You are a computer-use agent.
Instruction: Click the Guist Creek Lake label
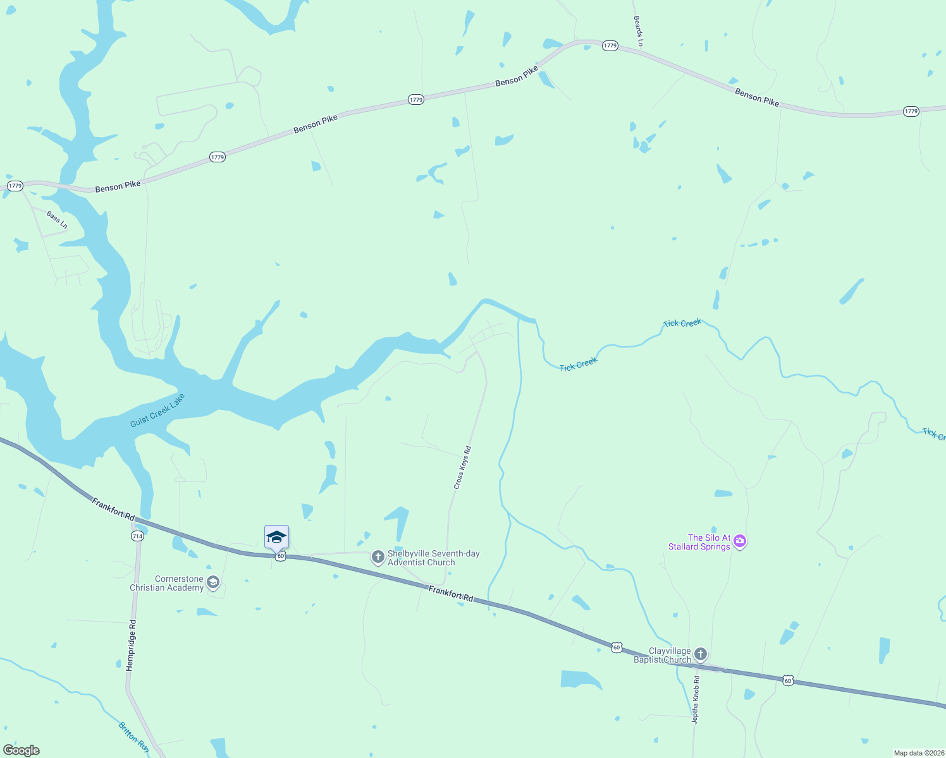(157, 410)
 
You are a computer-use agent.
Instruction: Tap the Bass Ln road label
(57, 220)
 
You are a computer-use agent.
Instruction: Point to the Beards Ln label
(639, 31)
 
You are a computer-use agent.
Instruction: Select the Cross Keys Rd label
(463, 467)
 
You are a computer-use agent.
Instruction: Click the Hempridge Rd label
(131, 645)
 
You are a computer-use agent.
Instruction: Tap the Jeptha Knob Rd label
(696, 699)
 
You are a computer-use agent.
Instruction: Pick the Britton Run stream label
(133, 737)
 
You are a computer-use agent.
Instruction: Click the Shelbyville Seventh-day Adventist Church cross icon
(378, 557)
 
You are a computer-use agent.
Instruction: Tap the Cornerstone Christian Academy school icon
(213, 582)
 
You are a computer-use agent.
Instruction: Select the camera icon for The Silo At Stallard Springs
(740, 541)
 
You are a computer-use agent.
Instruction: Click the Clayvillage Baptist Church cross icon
(700, 654)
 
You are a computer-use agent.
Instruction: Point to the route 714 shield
(137, 536)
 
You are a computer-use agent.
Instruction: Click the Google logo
(21, 750)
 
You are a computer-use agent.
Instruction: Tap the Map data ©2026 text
(918, 753)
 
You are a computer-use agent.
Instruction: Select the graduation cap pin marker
(276, 537)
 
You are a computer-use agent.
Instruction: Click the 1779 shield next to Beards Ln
(610, 45)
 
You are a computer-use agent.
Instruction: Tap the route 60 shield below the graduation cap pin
(280, 556)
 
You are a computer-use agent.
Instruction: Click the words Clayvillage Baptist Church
(662, 655)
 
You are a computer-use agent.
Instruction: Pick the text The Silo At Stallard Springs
(699, 542)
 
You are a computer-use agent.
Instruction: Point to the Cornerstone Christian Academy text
(167, 583)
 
